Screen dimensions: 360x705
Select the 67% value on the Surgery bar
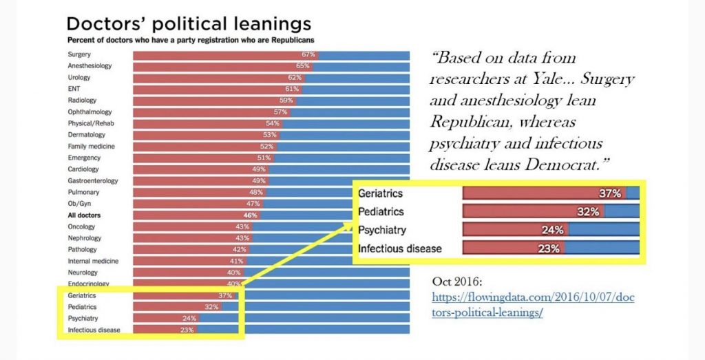(308, 54)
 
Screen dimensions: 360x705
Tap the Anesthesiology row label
(90, 66)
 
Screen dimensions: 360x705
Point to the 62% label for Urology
(295, 78)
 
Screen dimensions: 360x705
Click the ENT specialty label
(74, 89)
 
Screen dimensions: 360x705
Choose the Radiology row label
(81, 100)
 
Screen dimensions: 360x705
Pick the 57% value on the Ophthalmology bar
(280, 112)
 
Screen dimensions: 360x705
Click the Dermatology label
(87, 135)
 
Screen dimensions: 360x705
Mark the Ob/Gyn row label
(79, 204)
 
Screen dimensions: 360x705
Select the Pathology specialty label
(83, 249)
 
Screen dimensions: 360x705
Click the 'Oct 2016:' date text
(460, 282)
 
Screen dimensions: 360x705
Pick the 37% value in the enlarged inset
(609, 193)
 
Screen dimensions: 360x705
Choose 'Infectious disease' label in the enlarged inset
(400, 248)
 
